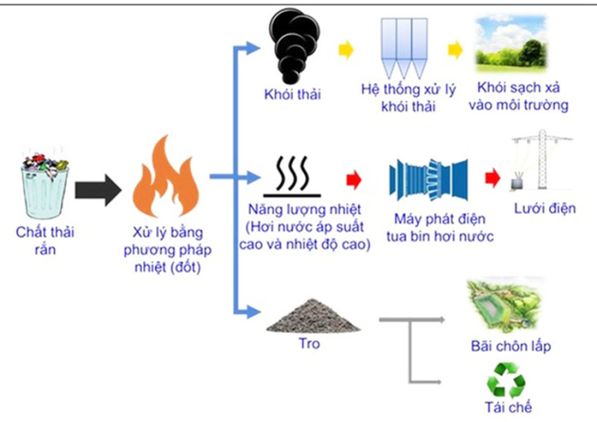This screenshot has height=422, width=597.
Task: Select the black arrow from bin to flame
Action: pos(99,189)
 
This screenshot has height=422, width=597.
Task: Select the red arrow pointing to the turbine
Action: pos(351,180)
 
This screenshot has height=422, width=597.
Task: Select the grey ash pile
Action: pos(312,317)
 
